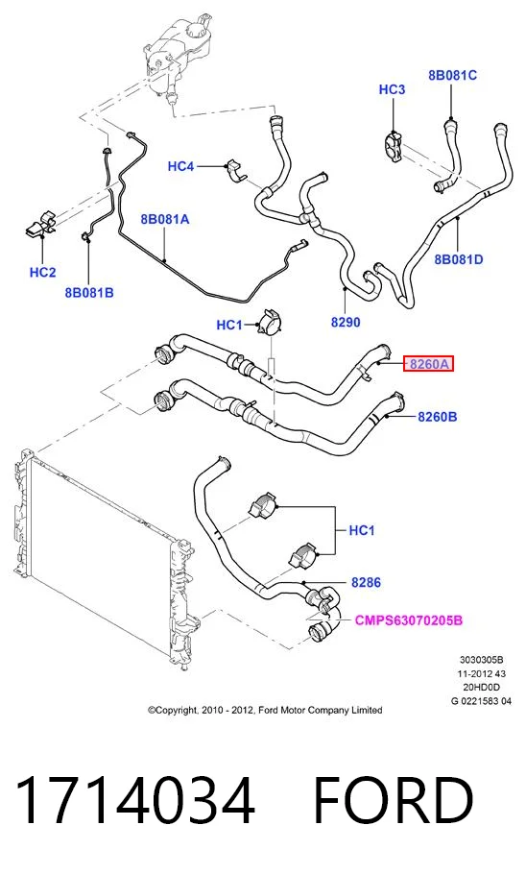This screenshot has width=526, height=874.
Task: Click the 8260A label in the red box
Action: (428, 365)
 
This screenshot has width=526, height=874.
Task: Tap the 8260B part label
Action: (438, 417)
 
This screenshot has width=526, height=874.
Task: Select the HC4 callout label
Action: (180, 166)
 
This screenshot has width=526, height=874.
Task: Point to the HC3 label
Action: (392, 89)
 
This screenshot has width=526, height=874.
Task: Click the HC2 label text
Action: (42, 272)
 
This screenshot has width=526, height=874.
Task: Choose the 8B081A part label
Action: (165, 220)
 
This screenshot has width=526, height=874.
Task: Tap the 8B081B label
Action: (89, 292)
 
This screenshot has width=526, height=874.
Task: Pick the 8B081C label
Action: (452, 75)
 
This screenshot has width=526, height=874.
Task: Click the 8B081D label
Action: (459, 259)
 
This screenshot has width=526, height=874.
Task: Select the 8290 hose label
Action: (346, 322)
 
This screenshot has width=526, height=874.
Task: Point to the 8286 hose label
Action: (366, 582)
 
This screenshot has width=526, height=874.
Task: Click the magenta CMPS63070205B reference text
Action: (409, 620)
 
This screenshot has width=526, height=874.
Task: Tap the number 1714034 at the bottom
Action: (135, 800)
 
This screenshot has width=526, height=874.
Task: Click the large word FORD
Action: (394, 800)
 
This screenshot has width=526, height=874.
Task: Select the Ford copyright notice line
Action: (265, 710)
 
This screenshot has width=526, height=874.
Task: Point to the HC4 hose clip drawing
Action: (237, 171)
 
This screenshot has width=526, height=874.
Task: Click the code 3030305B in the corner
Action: (482, 660)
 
